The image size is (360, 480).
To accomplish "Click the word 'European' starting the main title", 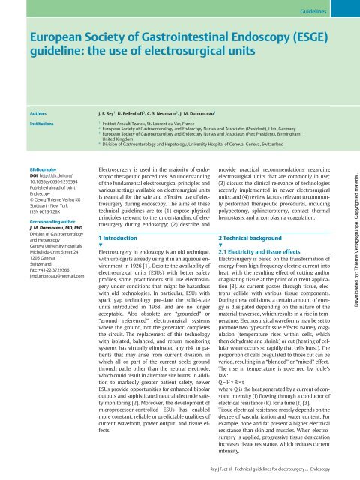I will pyautogui.click(x=51, y=39).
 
